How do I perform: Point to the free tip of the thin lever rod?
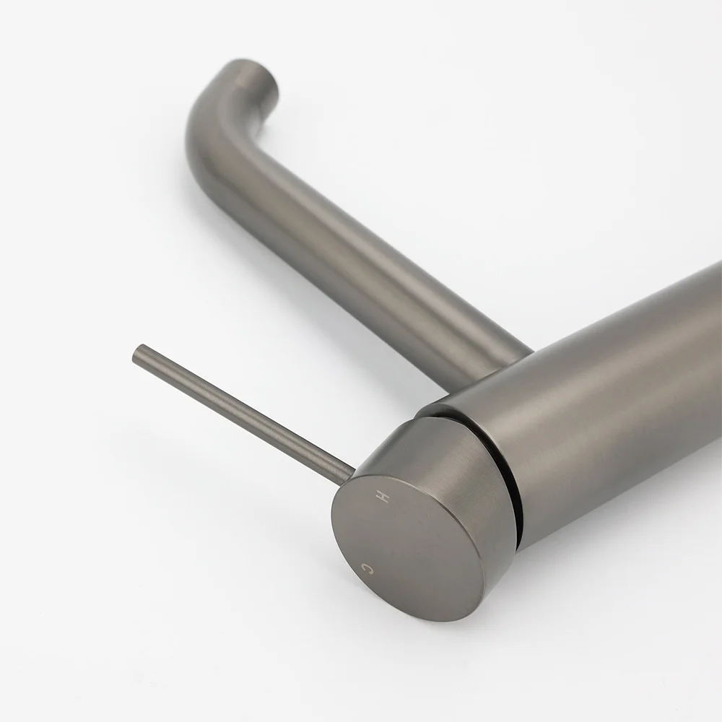[136, 354]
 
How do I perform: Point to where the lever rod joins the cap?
[350, 474]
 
